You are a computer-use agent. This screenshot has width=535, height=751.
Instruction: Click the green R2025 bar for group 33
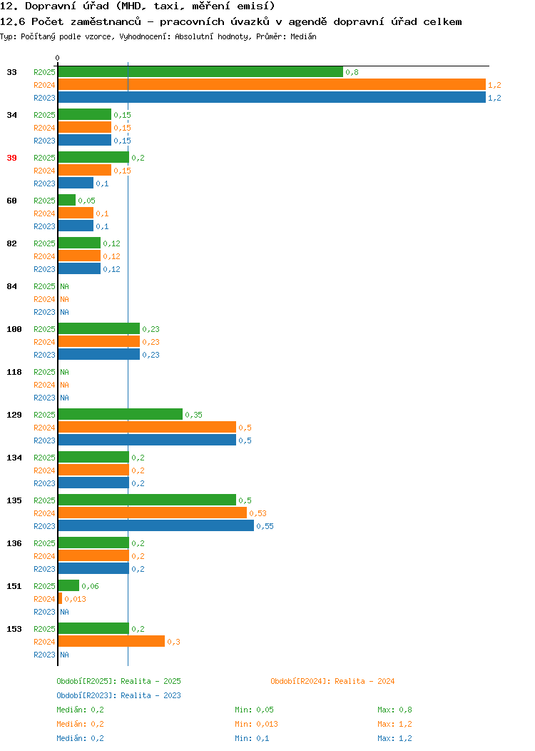(x=200, y=72)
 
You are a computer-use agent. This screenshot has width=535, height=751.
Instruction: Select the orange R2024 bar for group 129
(x=147, y=427)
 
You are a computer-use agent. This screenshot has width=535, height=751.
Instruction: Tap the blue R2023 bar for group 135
(x=156, y=526)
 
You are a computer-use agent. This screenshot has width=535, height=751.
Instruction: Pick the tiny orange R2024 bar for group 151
(x=61, y=599)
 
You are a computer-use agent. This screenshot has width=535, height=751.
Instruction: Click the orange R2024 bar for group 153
(x=111, y=641)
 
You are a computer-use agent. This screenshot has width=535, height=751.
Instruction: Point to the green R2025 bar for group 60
(x=67, y=200)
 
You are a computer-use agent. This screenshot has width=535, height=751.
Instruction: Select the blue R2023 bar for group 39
(x=76, y=183)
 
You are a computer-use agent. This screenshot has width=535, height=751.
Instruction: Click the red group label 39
(x=12, y=158)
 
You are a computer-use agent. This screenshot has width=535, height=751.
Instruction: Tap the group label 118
(x=14, y=372)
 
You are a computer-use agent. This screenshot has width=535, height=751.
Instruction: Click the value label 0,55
(x=265, y=526)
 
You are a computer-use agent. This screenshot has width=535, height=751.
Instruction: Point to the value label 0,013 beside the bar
(x=75, y=599)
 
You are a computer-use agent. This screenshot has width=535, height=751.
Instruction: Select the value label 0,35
(x=194, y=415)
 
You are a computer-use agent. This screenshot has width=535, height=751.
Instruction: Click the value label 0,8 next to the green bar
(x=352, y=72)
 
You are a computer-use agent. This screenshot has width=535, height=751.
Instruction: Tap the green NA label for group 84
(x=65, y=286)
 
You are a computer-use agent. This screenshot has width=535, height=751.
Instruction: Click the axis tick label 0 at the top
(x=58, y=58)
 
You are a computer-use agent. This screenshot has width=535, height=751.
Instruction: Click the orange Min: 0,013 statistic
(x=257, y=724)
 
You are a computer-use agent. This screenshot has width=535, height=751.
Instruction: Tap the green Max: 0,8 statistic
(x=394, y=710)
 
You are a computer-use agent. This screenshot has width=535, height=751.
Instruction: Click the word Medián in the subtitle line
(x=303, y=36)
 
